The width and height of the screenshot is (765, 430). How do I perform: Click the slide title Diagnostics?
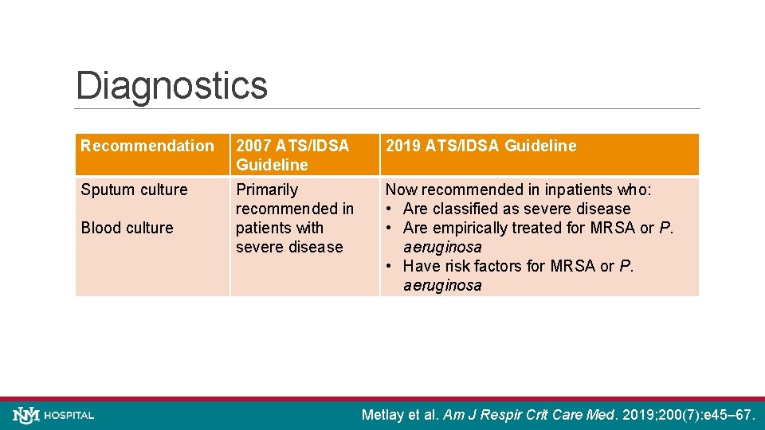[x=171, y=85]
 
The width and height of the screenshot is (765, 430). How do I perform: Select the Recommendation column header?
[x=147, y=146]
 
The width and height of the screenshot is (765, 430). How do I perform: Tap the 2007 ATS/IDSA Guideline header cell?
[x=292, y=155]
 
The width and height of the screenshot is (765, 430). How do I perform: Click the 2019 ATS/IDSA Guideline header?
[x=481, y=146]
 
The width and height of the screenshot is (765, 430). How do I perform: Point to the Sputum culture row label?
[x=134, y=190]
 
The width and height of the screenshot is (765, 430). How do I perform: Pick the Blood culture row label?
[x=127, y=228]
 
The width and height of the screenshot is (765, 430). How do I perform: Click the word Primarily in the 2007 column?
[x=267, y=190]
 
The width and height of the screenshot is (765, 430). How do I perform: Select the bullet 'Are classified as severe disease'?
[x=516, y=209]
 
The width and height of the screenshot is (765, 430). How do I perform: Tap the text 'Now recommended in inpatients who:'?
[x=518, y=190]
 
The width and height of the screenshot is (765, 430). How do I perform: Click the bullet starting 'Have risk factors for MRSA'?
[x=518, y=266]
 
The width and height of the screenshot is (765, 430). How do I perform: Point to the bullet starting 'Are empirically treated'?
[x=538, y=228]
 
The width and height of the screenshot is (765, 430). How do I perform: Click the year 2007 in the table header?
[x=253, y=146]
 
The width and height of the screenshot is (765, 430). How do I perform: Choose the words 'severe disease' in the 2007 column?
[x=289, y=247]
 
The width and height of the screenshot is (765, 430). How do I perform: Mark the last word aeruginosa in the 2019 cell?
[x=442, y=285]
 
